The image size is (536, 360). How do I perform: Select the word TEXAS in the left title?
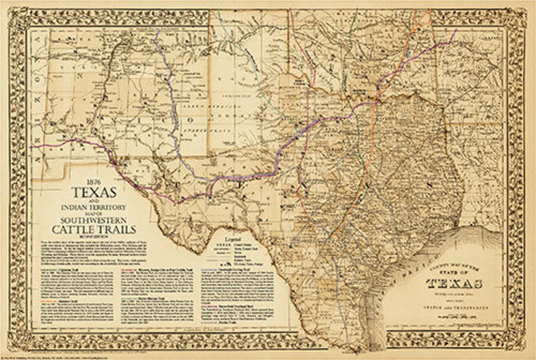pyautogui.click(x=94, y=192)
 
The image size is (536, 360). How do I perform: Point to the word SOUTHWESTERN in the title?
pyautogui.click(x=94, y=220)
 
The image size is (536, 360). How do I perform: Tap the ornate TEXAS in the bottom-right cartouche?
pyautogui.click(x=454, y=284)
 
